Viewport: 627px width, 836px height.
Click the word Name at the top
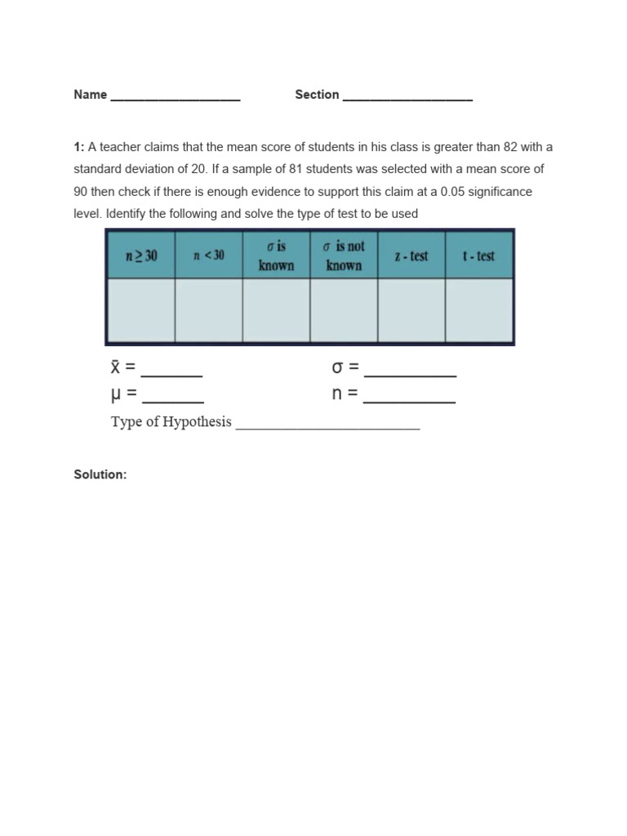(90, 95)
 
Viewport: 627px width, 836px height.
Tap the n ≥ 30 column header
(140, 256)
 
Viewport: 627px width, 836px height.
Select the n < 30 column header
(208, 256)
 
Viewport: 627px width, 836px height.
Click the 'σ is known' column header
(276, 256)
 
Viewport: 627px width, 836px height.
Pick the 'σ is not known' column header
(344, 256)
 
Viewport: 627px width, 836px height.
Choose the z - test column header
(411, 256)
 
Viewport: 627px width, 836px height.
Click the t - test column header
(478, 256)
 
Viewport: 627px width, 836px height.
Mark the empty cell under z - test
(411, 309)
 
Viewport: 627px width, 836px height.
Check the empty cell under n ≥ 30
(140, 309)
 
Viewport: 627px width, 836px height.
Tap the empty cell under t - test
(478, 309)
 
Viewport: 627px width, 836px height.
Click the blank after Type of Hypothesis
(327, 425)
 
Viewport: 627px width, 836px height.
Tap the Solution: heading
(100, 474)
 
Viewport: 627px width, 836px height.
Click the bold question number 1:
(79, 147)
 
